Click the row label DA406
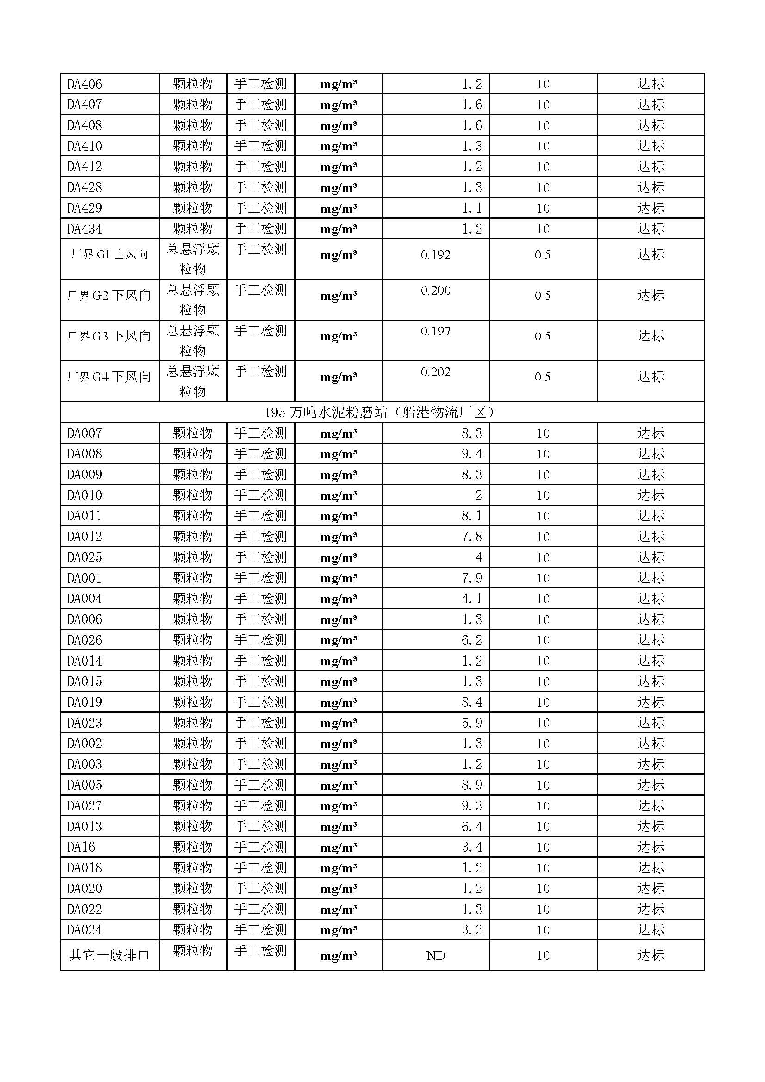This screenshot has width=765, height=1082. (84, 84)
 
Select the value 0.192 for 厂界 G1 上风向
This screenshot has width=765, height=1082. (435, 255)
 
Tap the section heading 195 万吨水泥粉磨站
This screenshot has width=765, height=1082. (382, 412)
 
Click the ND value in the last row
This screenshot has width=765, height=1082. (435, 956)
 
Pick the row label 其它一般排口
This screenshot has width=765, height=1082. (109, 955)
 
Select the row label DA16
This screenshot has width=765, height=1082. (81, 847)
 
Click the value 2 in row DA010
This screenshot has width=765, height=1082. (479, 495)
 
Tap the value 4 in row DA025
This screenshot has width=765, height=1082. (479, 557)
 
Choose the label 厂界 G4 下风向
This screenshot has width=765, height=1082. (109, 377)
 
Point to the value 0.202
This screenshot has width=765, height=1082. (435, 372)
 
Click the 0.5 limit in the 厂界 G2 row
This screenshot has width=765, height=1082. (543, 296)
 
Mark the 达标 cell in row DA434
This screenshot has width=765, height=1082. (651, 229)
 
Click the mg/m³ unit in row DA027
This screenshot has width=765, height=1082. (338, 806)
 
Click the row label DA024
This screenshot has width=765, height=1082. (84, 930)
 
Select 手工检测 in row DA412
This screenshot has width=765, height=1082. (260, 167)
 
